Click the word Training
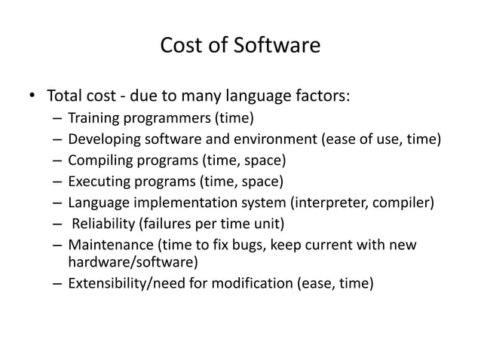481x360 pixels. tap(95, 118)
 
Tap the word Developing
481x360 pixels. tap(103, 139)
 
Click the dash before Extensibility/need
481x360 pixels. tap(58, 284)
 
